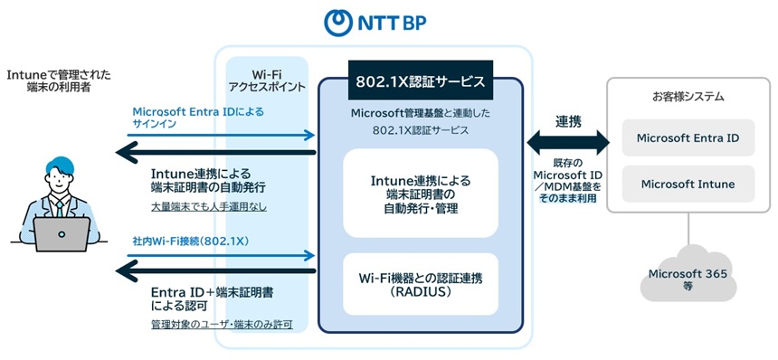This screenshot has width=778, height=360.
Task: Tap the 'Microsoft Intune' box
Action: [688, 184]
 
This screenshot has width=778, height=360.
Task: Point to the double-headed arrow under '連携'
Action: [568, 140]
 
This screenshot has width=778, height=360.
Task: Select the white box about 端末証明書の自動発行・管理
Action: [422, 194]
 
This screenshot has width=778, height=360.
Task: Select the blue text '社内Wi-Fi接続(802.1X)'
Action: [191, 242]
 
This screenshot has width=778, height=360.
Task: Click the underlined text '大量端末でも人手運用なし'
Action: [208, 207]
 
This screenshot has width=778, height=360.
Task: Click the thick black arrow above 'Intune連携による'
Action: [217, 151]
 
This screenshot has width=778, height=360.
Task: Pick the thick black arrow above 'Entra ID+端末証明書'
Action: [217, 269]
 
